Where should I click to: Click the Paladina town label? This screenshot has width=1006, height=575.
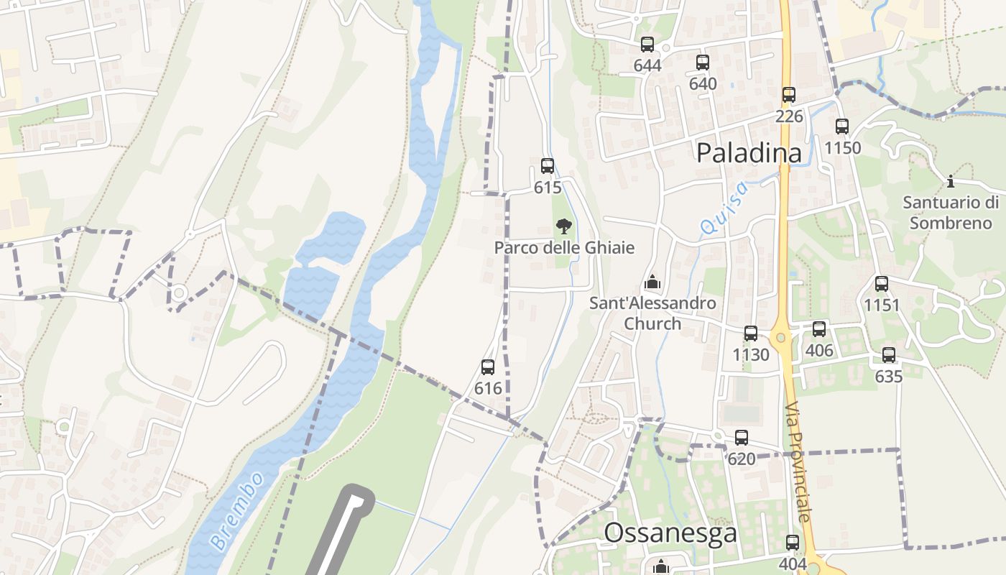(749, 152)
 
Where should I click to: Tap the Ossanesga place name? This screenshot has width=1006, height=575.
(670, 533)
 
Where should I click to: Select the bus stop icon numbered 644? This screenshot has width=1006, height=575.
(647, 45)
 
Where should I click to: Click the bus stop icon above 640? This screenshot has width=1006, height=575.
(703, 63)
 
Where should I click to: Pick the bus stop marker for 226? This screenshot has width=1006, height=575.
(789, 94)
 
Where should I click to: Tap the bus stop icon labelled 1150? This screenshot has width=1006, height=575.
(842, 126)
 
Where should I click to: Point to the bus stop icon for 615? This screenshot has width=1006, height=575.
(548, 166)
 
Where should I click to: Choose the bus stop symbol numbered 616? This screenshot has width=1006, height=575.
(488, 367)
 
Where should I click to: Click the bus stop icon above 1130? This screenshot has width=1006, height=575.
(751, 333)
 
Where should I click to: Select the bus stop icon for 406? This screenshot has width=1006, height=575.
(819, 329)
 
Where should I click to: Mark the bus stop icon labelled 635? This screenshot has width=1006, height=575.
(889, 355)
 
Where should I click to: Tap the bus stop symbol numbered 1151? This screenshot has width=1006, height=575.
(882, 284)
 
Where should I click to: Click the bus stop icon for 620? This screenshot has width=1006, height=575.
(742, 438)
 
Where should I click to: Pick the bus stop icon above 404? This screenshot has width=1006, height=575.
(793, 543)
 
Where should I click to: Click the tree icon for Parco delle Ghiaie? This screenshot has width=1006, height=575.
(564, 226)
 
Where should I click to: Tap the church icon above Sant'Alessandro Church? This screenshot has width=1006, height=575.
(652, 281)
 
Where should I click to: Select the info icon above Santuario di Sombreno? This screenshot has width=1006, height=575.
(951, 181)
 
